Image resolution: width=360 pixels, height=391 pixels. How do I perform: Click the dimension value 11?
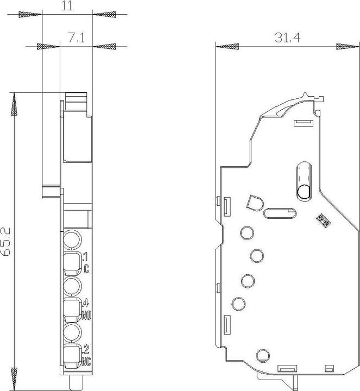pyautogui.click(x=67, y=6)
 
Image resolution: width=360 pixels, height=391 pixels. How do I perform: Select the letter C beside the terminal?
pyautogui.click(x=87, y=267)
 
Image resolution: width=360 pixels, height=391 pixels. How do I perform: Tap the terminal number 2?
pyautogui.click(x=86, y=349)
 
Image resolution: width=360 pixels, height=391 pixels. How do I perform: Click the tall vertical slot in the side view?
pyautogui.click(x=303, y=180)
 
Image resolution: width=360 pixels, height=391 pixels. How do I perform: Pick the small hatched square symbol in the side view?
pyautogui.click(x=324, y=220)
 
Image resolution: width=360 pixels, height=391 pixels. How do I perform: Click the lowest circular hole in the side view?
pyautogui.click(x=262, y=355)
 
